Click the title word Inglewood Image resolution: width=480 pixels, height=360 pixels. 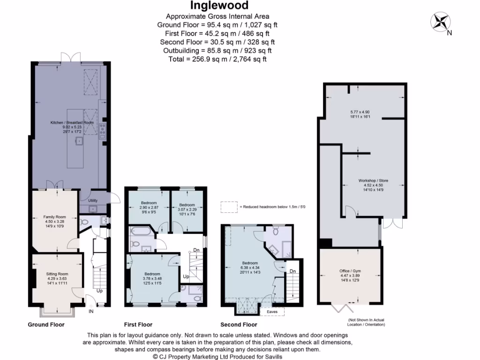216,6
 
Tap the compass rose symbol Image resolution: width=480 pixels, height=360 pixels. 440,22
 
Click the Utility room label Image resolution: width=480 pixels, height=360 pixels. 93,201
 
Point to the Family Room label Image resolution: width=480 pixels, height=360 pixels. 54,217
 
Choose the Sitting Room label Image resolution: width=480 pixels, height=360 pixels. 57,273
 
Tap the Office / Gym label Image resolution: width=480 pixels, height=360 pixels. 351,271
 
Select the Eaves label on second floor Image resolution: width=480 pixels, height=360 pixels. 272,311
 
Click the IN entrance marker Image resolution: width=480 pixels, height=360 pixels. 91,311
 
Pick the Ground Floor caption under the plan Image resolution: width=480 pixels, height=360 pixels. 46,324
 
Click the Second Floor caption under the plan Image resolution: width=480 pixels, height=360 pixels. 239,324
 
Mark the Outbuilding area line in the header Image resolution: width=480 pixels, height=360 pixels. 217,51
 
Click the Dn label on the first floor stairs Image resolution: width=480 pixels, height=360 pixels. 196,250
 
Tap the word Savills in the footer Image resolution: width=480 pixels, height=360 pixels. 270,356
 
